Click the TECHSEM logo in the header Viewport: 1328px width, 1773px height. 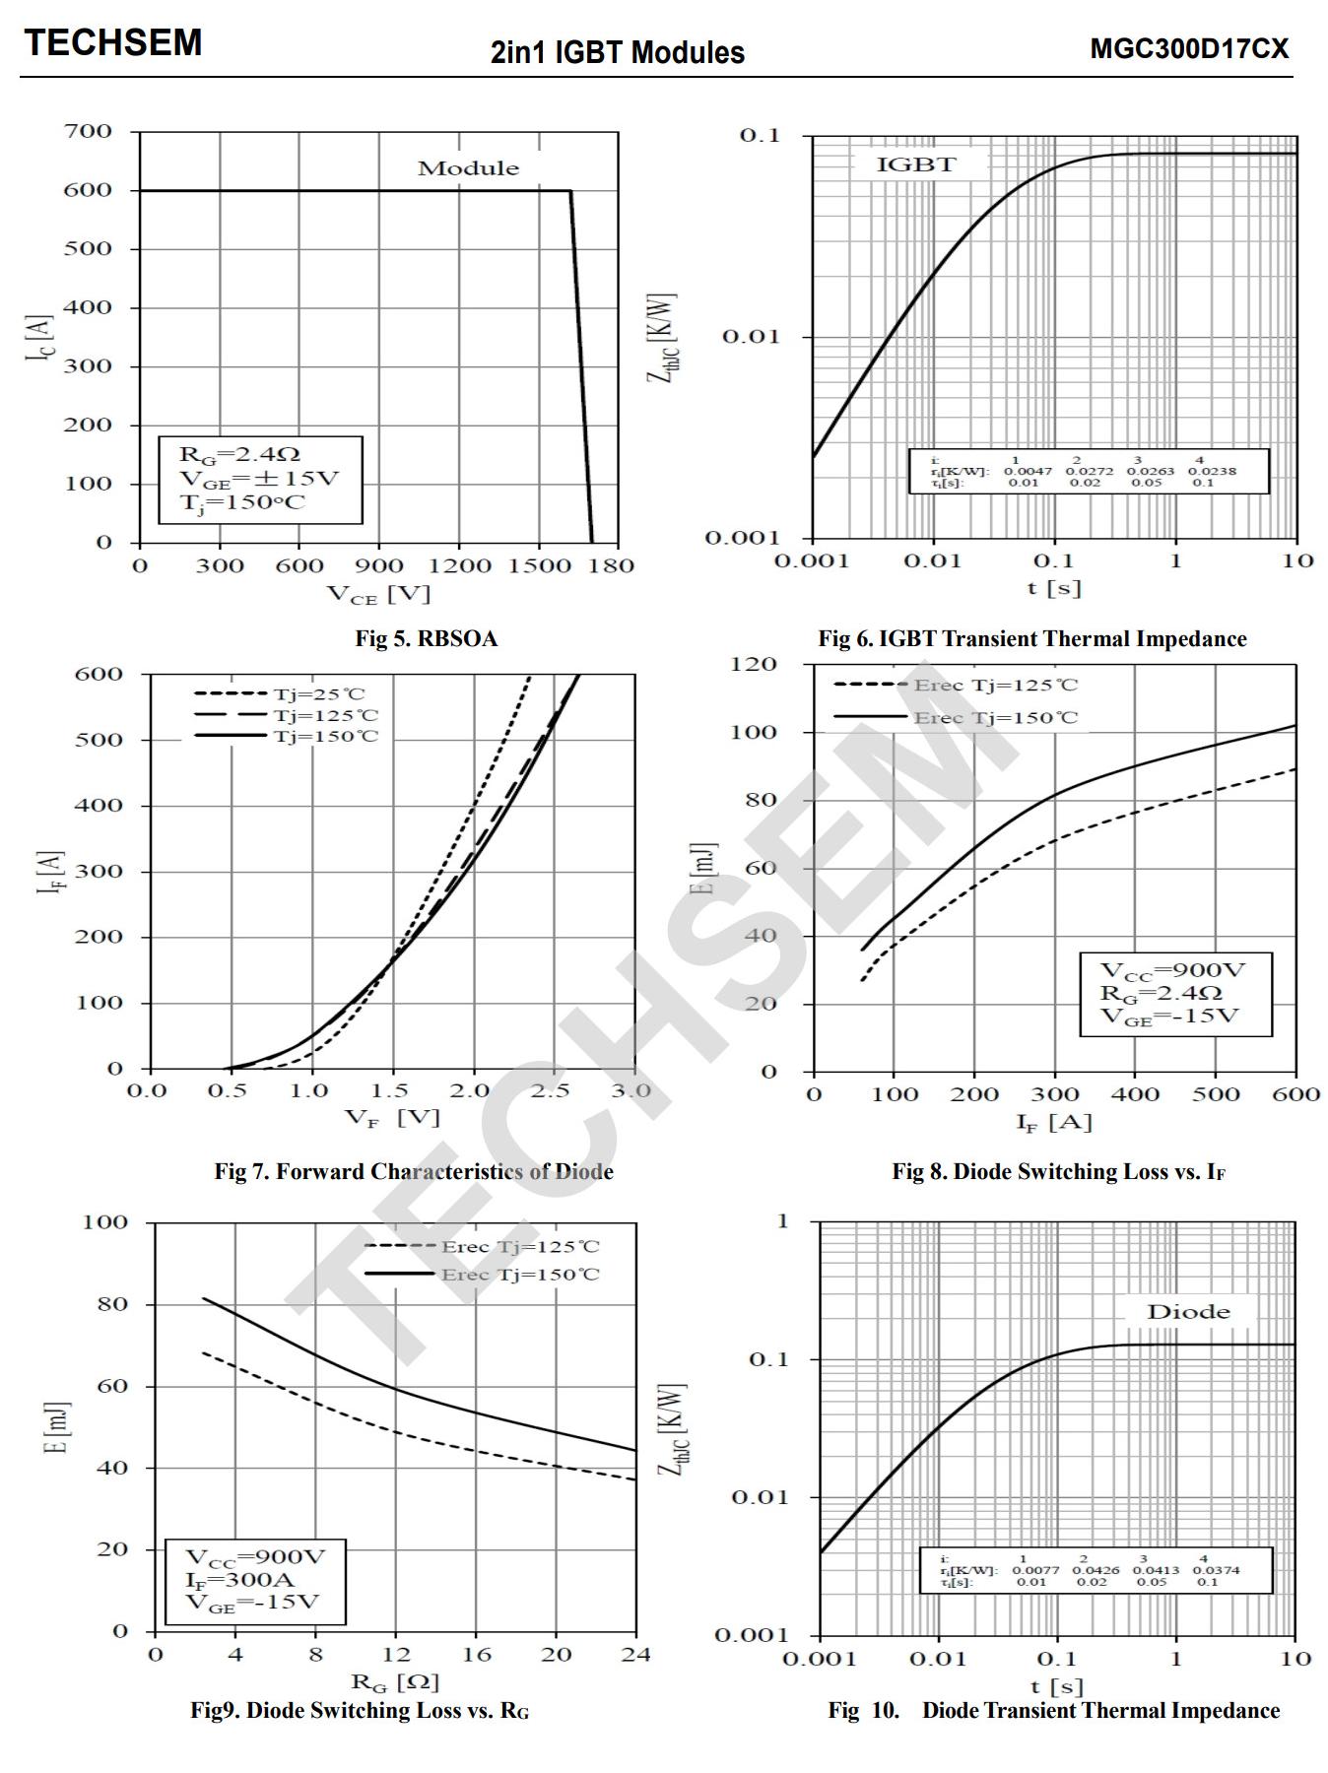113,43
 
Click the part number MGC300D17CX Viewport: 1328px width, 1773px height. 1188,49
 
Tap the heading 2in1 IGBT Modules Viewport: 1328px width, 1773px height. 618,52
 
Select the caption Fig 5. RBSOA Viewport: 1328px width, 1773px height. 427,638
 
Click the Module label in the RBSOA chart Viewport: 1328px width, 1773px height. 468,168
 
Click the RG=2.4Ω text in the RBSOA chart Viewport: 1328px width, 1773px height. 239,454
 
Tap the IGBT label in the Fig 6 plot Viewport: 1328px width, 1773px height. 916,164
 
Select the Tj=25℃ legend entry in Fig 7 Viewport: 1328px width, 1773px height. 318,693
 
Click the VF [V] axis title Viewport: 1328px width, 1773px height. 391,1117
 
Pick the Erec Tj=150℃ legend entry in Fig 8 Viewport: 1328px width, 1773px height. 995,717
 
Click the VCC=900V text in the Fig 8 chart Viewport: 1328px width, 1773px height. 1172,970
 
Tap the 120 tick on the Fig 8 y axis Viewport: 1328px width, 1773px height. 754,664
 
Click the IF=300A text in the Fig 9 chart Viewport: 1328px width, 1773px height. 240,1580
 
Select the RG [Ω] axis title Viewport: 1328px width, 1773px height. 394,1681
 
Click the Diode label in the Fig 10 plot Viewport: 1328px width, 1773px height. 1188,1312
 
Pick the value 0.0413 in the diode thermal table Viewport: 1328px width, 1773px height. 1155,1570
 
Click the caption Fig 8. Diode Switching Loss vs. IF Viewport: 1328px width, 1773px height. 1058,1171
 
